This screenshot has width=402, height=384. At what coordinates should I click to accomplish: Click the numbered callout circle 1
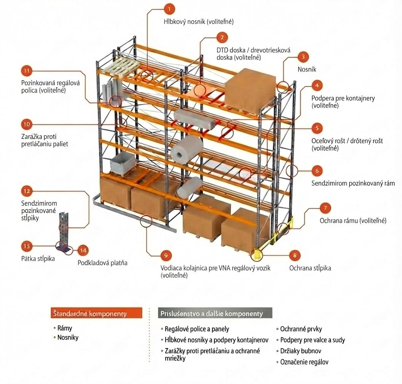click(x=169, y=9)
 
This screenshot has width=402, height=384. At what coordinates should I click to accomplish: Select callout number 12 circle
click(x=27, y=190)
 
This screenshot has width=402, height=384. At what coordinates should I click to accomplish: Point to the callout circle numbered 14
click(x=83, y=250)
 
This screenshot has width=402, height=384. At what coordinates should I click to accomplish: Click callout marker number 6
click(x=317, y=170)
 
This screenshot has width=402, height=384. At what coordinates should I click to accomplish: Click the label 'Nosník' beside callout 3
click(x=306, y=69)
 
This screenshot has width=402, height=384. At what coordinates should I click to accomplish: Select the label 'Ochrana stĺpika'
click(x=310, y=268)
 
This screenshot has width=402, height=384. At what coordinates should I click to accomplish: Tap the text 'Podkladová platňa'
click(x=102, y=263)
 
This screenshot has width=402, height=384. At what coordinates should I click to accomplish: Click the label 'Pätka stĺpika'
click(x=38, y=259)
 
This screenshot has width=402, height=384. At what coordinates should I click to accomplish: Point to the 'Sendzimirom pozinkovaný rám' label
click(x=353, y=183)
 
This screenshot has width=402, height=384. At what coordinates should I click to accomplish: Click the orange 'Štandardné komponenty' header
click(x=96, y=313)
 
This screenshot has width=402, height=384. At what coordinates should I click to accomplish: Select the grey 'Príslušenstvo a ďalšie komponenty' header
click(x=215, y=314)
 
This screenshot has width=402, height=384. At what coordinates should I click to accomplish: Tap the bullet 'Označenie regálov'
click(x=304, y=362)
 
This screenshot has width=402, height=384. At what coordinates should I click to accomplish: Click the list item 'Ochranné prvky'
click(x=301, y=329)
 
